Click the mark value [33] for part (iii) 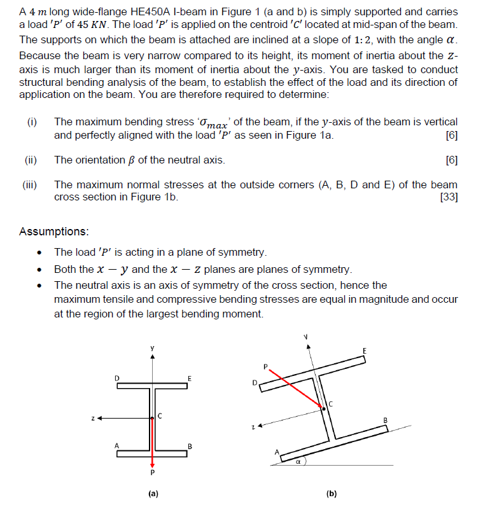(449, 197)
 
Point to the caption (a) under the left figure (152, 494)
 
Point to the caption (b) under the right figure (331, 494)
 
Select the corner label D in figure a (117, 378)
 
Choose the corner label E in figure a (190, 379)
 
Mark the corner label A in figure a (117, 445)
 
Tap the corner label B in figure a (190, 445)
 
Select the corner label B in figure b (385, 419)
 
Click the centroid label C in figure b (330, 403)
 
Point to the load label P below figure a (152, 473)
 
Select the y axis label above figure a (152, 348)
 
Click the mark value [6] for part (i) (452, 135)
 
